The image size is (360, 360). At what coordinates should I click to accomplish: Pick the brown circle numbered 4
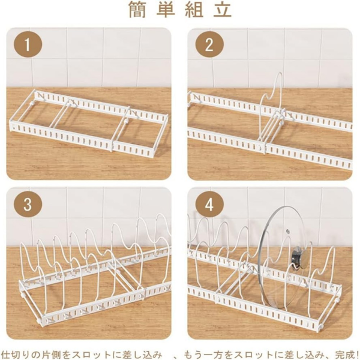(209, 205)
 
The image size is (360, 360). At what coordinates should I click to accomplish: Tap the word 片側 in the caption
(49, 349)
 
